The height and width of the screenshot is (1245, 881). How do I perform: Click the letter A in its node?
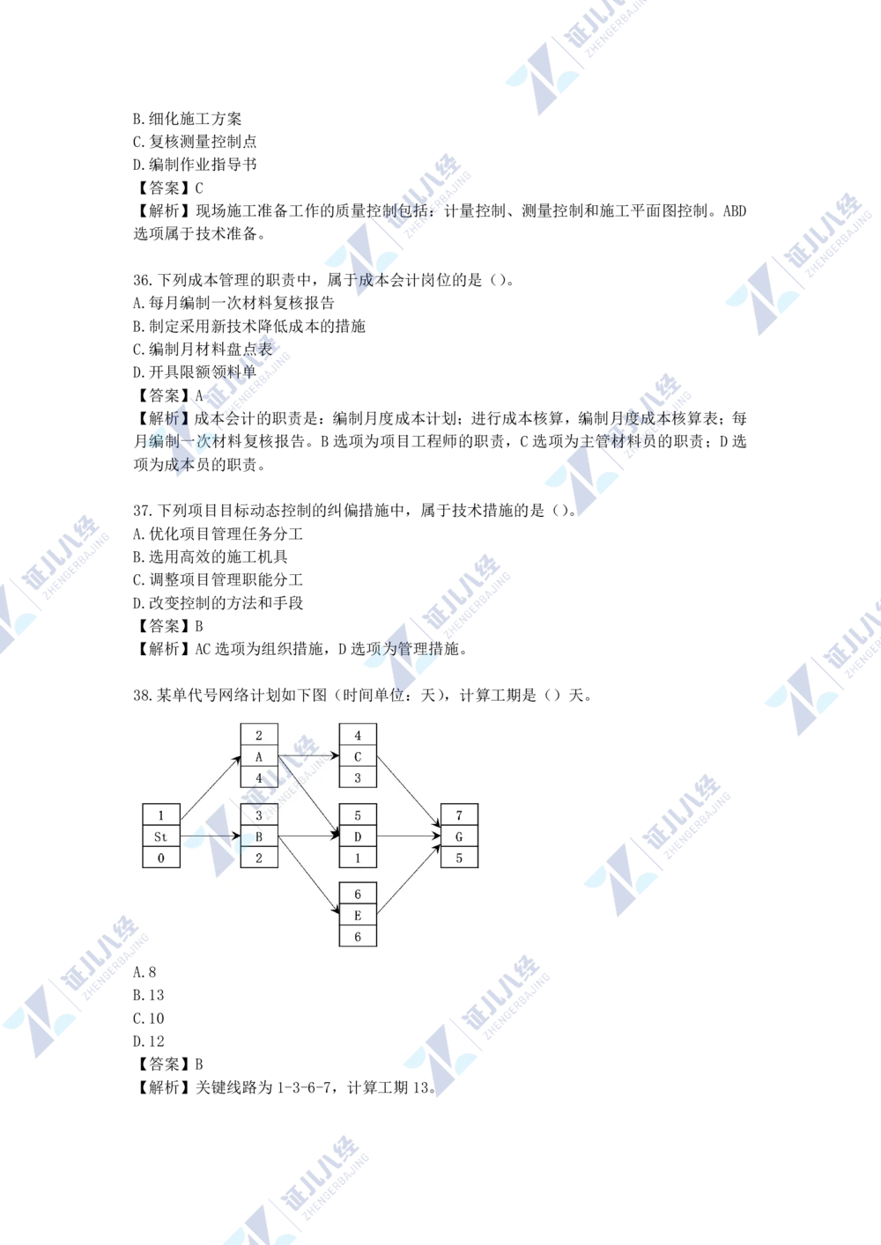[x=259, y=757]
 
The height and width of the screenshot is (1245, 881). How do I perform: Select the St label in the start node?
[x=160, y=836]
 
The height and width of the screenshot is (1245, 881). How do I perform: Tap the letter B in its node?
[x=259, y=836]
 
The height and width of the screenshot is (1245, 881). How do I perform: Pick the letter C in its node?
[x=358, y=757]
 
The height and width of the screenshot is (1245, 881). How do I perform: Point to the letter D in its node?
[x=358, y=836]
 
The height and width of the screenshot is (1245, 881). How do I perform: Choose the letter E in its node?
[x=358, y=916]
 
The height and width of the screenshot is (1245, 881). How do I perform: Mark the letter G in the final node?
[x=459, y=836]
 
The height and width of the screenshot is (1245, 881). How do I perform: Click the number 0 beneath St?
[x=160, y=858]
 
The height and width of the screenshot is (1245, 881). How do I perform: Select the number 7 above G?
[x=459, y=815]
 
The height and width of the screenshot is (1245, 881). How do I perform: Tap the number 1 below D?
[x=358, y=858]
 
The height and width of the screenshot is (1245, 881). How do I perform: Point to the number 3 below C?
[x=358, y=778]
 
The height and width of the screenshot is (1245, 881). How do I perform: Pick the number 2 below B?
[x=259, y=858]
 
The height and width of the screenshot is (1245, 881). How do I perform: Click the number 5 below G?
[x=459, y=858]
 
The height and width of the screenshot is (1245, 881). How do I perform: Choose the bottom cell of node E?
[x=358, y=937]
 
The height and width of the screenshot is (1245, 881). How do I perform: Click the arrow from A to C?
[x=308, y=756]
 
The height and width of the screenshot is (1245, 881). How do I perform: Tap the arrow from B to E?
[x=308, y=876]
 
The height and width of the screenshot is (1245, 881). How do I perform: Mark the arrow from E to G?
[x=409, y=880]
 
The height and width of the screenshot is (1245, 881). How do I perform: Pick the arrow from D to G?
[x=409, y=836]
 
